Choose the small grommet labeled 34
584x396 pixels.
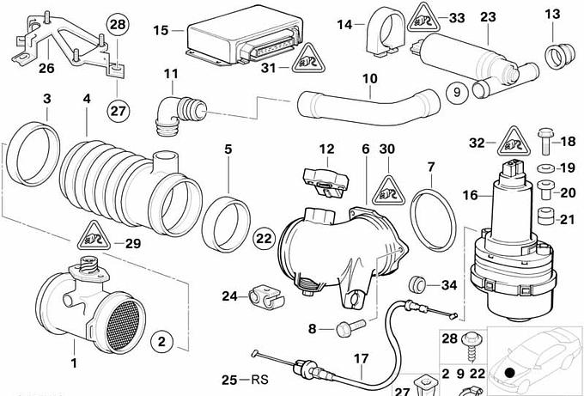[421, 283]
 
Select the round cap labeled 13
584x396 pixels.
[557, 58]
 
